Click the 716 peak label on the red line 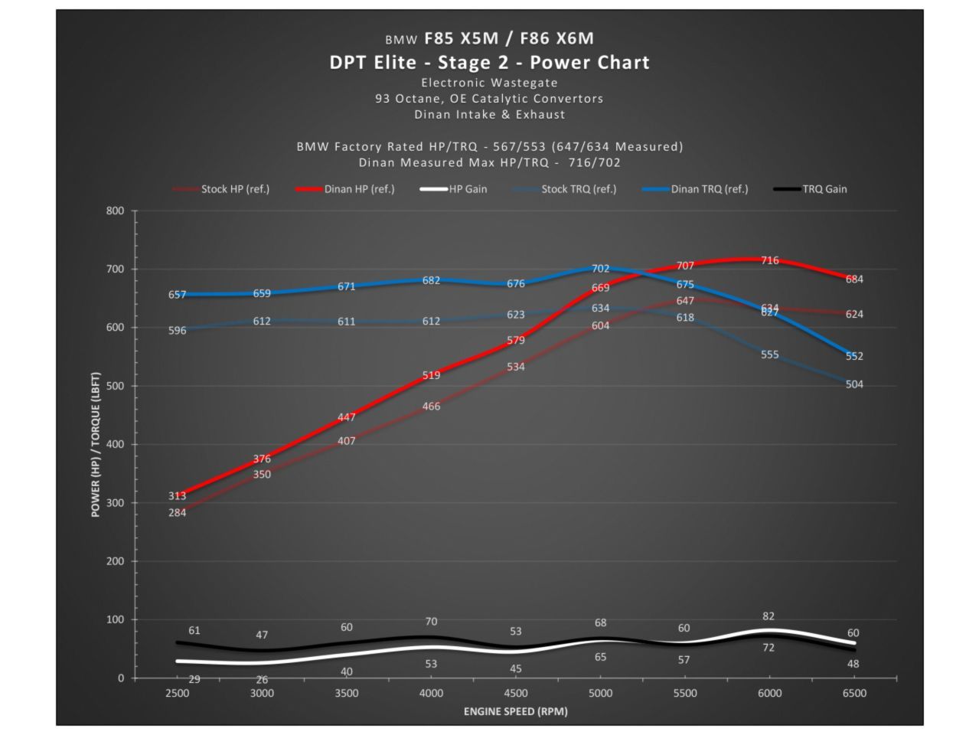pos(769,260)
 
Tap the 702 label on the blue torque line pos(600,269)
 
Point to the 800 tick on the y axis pos(115,211)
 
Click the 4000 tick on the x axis pos(431,693)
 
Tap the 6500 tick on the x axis pos(854,693)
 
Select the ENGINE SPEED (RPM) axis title pos(515,711)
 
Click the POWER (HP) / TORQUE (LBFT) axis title pos(96,444)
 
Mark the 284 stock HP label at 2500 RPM pos(177,512)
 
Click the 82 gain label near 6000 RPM pos(769,616)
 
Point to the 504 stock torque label pos(854,384)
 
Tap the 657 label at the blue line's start pos(177,295)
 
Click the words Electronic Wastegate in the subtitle pos(489,83)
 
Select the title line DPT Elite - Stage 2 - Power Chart pos(489,62)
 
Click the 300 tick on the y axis pos(115,503)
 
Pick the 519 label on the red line pos(431,375)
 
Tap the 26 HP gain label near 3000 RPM pos(262,680)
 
